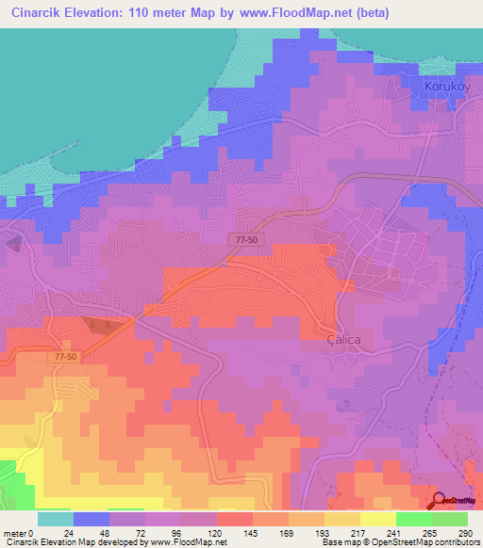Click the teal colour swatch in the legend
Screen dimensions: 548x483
[56, 519]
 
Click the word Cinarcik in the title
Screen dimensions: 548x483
[36, 14]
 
